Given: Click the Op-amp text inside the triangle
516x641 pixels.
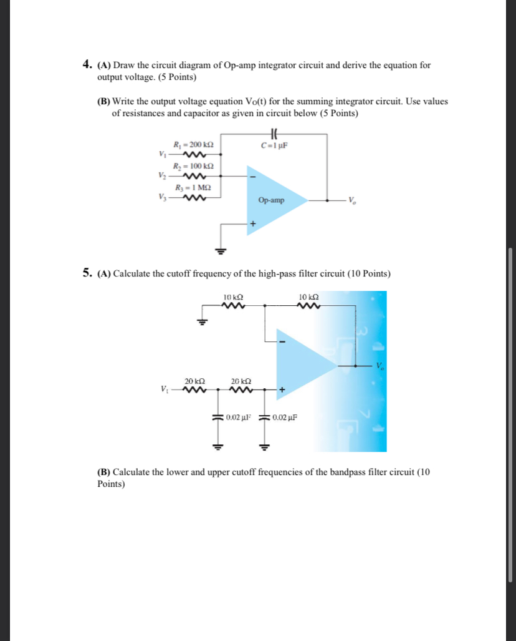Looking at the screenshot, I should (x=270, y=200).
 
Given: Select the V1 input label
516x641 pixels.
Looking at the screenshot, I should (x=163, y=155).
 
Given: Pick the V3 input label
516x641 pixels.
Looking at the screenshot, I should (x=163, y=198).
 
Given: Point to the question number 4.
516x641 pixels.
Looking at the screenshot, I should (x=87, y=65).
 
